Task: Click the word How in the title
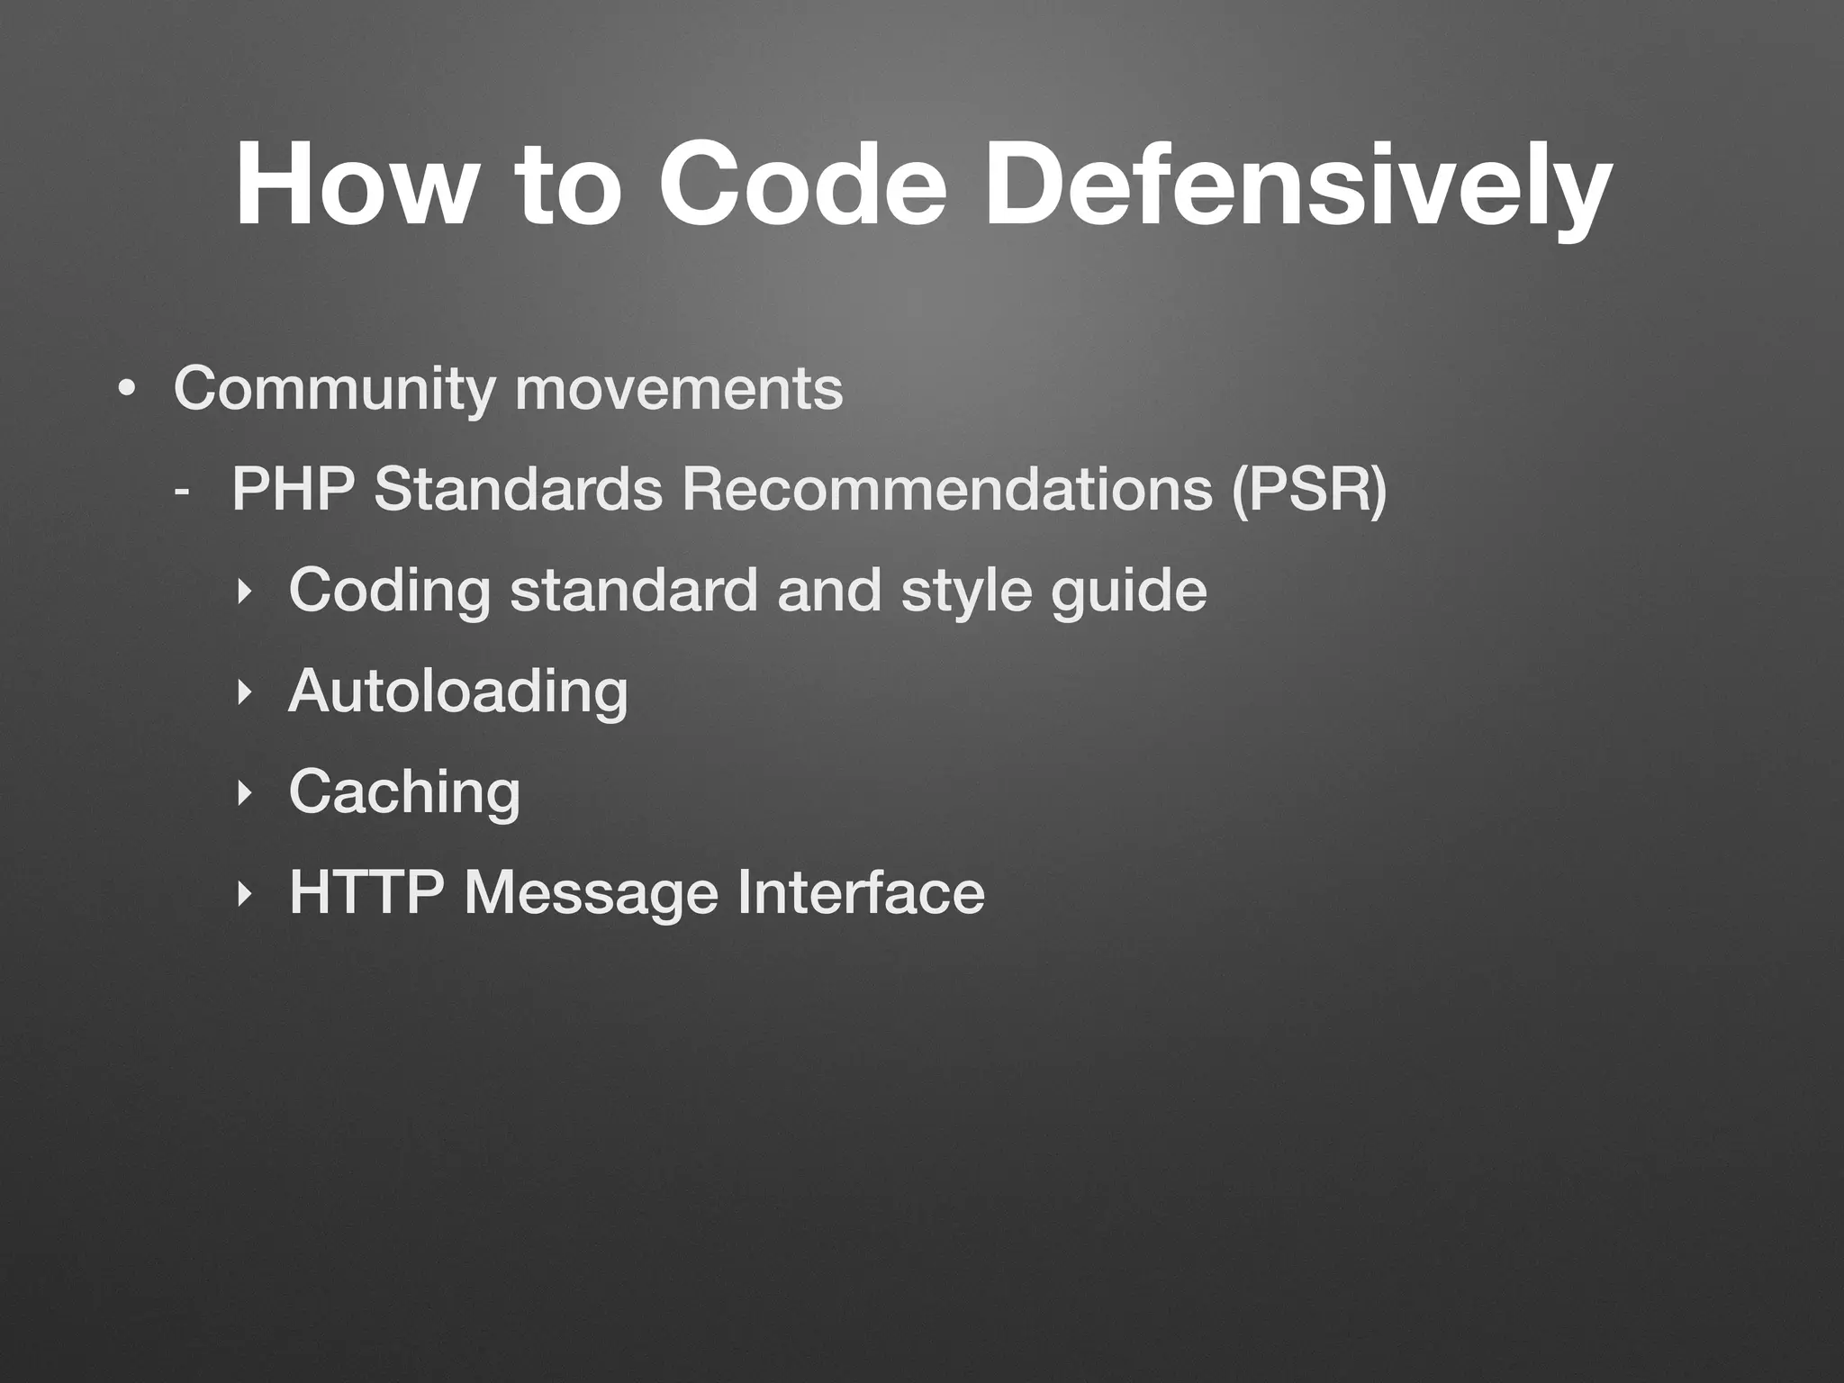pos(352,185)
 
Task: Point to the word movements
pos(679,390)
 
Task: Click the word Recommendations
pos(945,491)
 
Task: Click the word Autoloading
pos(457,692)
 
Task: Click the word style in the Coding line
pos(966,592)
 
